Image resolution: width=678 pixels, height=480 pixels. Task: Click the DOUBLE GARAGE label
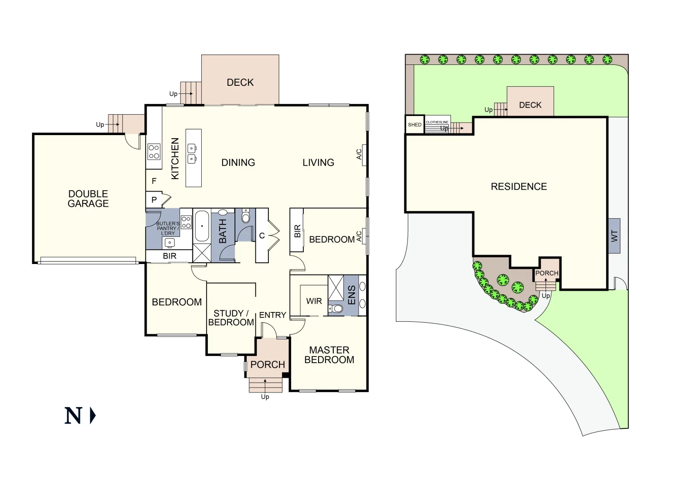point(88,199)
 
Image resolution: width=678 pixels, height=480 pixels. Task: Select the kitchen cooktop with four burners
point(154,152)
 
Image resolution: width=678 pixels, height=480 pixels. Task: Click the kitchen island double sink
point(192,153)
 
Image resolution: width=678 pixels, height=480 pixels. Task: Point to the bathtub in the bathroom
point(202,226)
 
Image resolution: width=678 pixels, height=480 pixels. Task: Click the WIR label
point(314,301)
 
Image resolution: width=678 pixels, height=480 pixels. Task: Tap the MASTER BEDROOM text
point(329,355)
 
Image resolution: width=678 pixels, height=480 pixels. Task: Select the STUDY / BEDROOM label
point(231,318)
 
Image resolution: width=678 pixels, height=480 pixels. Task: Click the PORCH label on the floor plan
point(267,364)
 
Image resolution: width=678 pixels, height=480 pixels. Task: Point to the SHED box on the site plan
point(415,124)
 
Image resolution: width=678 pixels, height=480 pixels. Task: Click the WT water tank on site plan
point(614,236)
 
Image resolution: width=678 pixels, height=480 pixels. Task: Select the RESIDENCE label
point(518,187)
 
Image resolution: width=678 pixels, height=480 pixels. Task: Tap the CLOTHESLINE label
point(437,122)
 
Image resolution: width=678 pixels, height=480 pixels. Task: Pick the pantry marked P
point(154,200)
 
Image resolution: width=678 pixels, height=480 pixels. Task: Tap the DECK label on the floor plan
point(240,83)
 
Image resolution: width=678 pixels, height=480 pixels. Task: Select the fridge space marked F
point(154,181)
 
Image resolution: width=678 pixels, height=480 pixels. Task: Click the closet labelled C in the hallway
point(262,236)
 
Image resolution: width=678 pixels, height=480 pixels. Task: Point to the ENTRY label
point(272,315)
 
